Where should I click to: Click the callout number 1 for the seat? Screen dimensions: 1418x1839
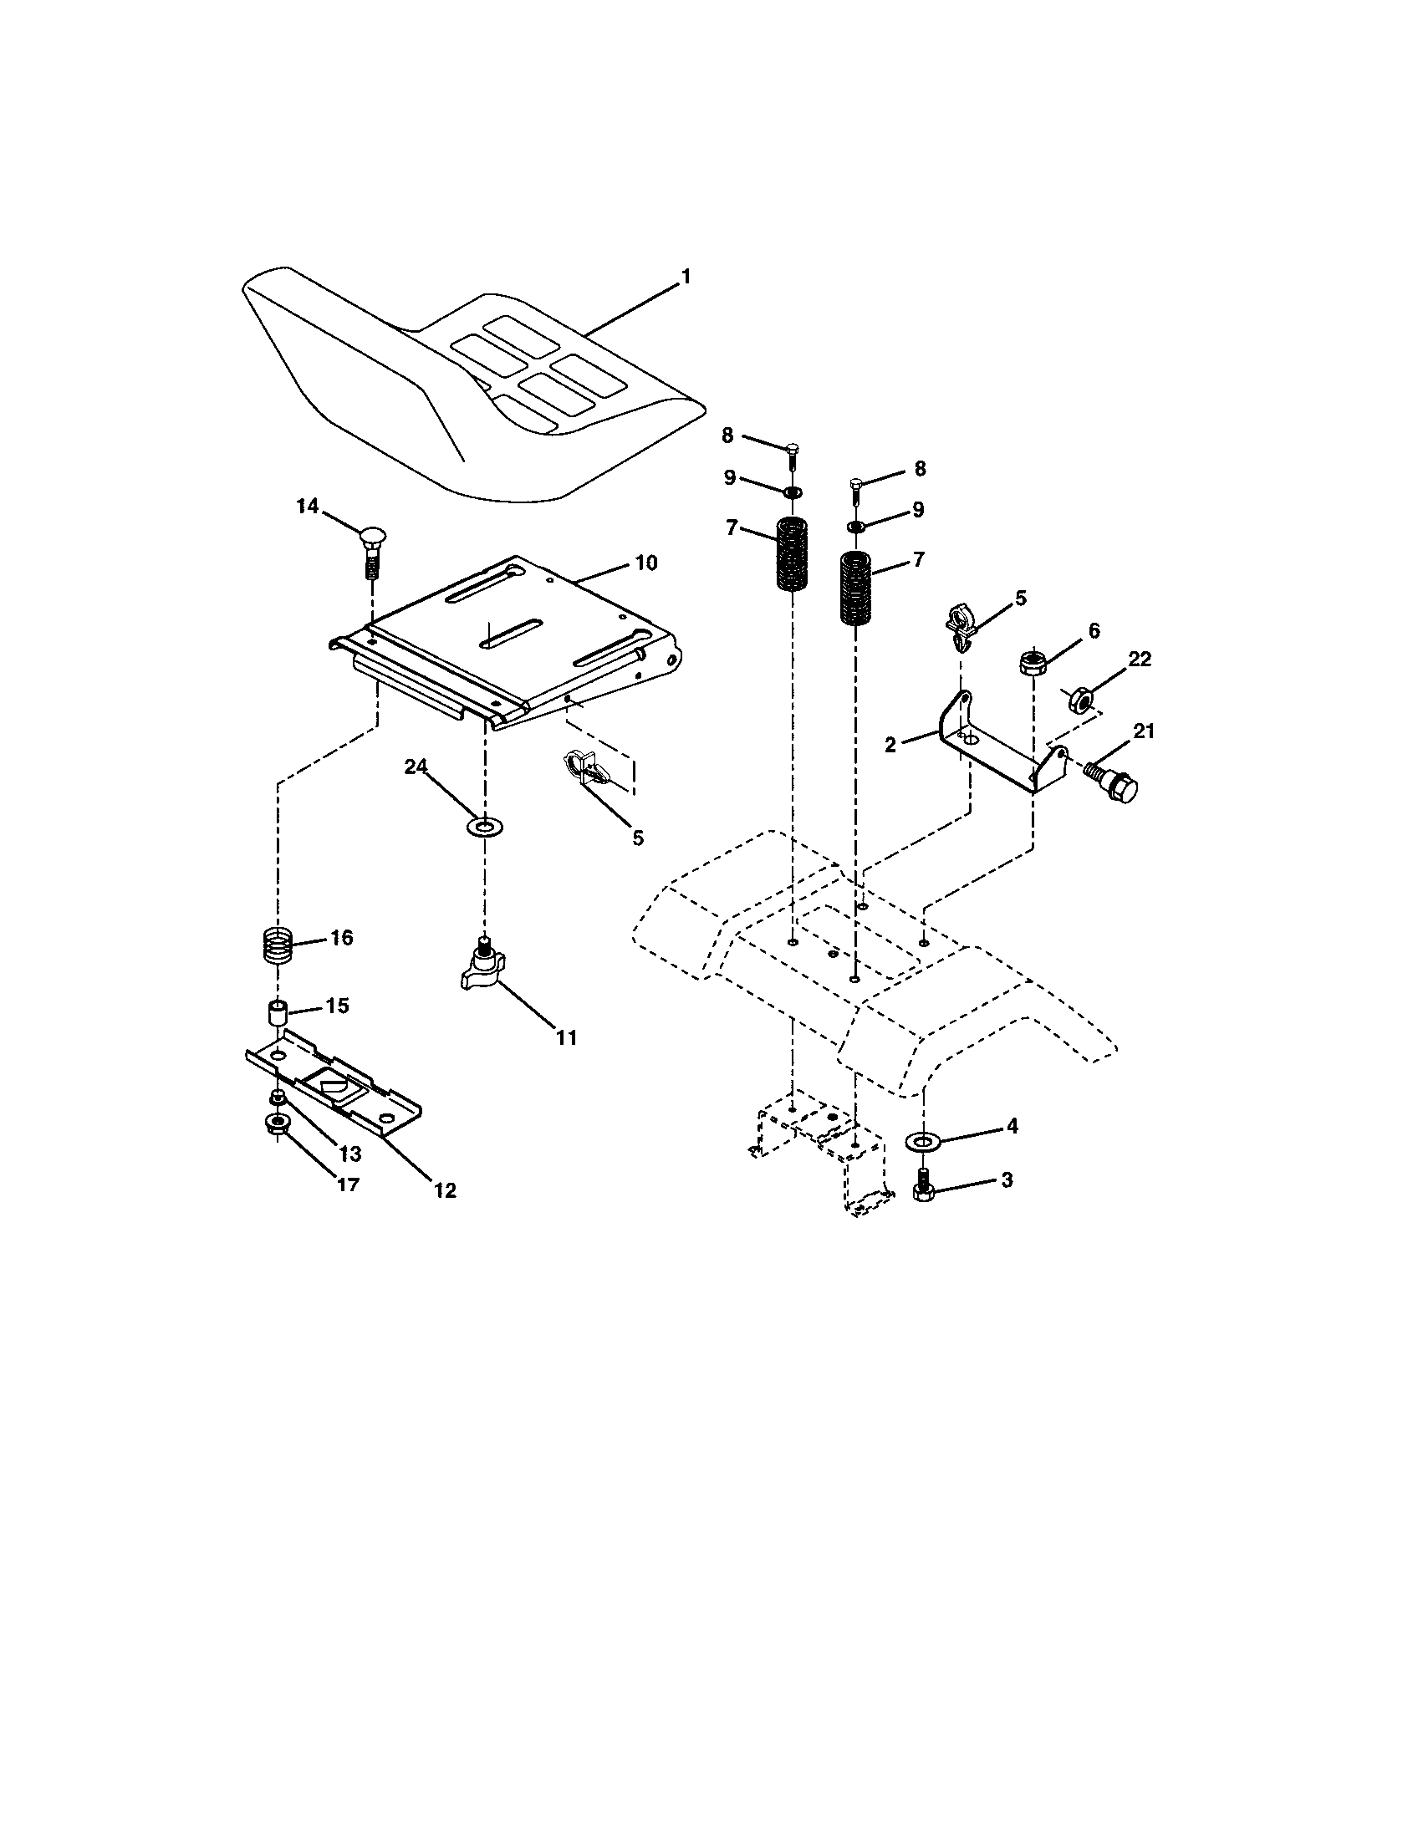click(686, 276)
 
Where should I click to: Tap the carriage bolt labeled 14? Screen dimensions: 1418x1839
click(371, 553)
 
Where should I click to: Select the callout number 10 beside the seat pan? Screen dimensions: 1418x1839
click(645, 563)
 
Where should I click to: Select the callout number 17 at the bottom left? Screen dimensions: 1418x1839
click(348, 1184)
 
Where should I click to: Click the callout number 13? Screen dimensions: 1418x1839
click(349, 1154)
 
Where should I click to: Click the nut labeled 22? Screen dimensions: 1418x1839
click(1083, 700)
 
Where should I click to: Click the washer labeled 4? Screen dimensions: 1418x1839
click(924, 1141)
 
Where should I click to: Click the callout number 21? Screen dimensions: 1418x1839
click(1143, 731)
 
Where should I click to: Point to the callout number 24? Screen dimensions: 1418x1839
click(416, 767)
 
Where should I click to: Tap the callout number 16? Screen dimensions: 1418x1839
click(341, 937)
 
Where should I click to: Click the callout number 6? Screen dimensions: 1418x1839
click(1094, 630)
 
